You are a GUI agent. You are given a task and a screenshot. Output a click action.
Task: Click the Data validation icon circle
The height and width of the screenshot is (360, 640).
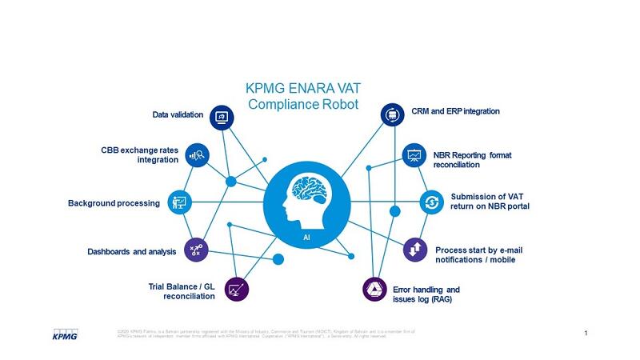click(222, 117)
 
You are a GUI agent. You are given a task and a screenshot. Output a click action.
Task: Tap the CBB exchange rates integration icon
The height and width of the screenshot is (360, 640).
click(198, 155)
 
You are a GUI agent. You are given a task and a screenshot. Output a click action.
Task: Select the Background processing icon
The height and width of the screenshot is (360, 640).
click(178, 202)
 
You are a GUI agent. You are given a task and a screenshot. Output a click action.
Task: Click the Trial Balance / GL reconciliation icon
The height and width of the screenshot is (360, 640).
click(237, 289)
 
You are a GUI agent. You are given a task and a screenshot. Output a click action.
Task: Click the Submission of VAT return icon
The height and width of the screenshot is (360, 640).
click(432, 201)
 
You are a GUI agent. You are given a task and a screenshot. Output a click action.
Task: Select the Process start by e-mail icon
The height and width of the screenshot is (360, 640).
click(415, 249)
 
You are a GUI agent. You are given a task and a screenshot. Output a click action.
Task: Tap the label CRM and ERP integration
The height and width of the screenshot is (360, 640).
click(455, 111)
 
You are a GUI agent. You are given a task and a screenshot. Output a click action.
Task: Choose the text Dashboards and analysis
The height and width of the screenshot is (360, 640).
click(130, 252)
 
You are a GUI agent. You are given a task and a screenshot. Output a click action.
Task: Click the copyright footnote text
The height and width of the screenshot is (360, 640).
click(272, 333)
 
